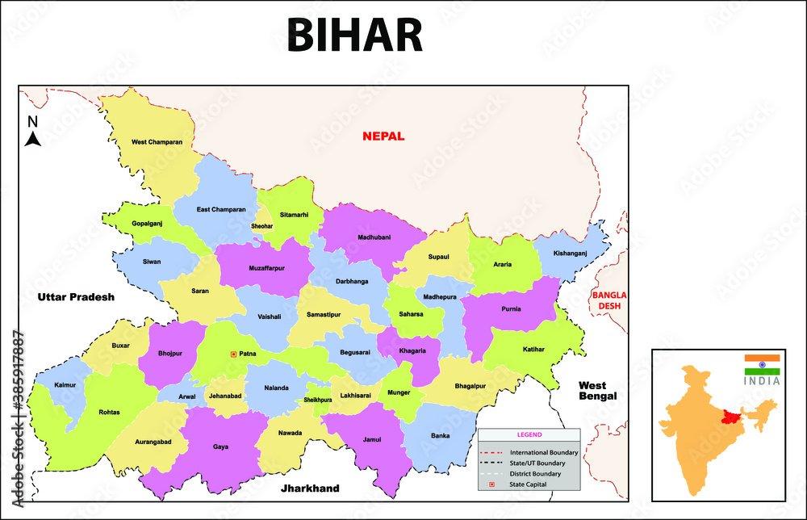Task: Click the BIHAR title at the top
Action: coord(354,36)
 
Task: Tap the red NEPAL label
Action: coord(383,136)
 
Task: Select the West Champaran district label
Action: coord(157,143)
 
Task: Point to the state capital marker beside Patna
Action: coord(233,354)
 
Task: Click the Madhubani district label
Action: coord(374,237)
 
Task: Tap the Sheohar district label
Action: coord(262,227)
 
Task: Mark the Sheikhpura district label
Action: coord(318,400)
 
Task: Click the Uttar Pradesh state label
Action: coord(76,297)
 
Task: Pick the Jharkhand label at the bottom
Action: coord(310,489)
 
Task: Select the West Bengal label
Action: coord(597,391)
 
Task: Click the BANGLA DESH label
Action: coord(609,300)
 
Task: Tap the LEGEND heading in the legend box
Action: coord(529,435)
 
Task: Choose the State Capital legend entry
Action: coord(528,484)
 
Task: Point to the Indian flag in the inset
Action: coord(762,364)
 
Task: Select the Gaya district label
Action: coord(220,446)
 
